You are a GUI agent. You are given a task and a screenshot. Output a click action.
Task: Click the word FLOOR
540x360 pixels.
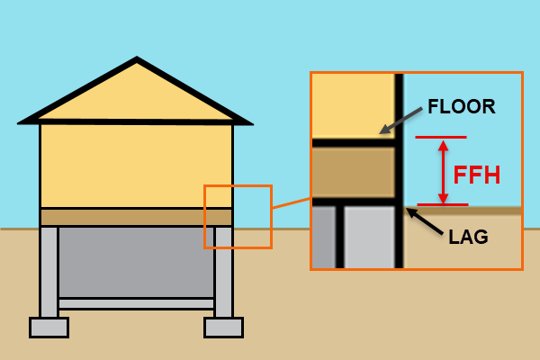click(461, 106)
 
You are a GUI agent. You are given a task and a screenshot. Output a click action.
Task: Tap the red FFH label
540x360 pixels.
click(476, 175)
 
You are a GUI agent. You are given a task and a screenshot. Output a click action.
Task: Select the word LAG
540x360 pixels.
click(468, 238)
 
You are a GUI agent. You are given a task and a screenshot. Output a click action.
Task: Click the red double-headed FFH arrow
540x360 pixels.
click(442, 171)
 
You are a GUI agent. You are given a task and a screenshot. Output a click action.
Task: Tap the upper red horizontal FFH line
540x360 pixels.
click(441, 137)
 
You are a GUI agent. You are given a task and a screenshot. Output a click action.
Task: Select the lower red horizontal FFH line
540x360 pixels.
click(442, 205)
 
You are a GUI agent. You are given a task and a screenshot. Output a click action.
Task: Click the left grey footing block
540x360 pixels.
click(49, 327)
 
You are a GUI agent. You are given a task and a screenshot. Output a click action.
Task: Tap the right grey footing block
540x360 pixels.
click(223, 327)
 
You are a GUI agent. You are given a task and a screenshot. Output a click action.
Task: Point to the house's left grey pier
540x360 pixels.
click(49, 270)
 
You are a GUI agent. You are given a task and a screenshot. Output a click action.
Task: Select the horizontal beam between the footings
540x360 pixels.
click(136, 303)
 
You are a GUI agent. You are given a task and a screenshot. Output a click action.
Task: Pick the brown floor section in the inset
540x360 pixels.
click(354, 172)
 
